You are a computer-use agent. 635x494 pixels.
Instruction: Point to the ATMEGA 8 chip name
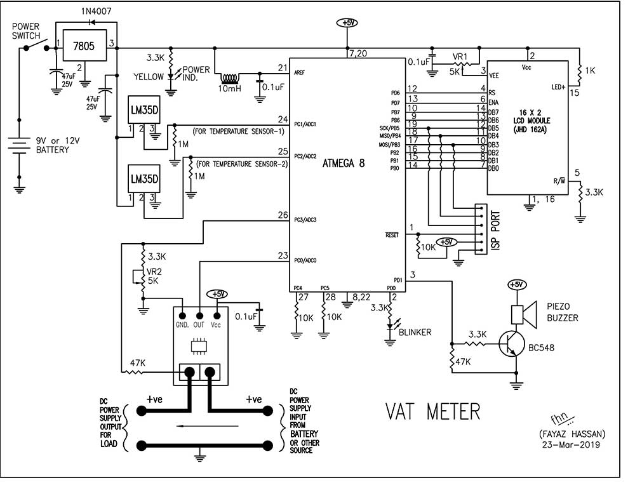[x=344, y=162]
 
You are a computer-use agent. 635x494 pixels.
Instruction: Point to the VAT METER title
[x=433, y=411]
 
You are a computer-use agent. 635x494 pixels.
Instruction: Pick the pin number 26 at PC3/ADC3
[x=283, y=215]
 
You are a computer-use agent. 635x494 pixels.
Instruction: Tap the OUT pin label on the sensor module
[x=199, y=324]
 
